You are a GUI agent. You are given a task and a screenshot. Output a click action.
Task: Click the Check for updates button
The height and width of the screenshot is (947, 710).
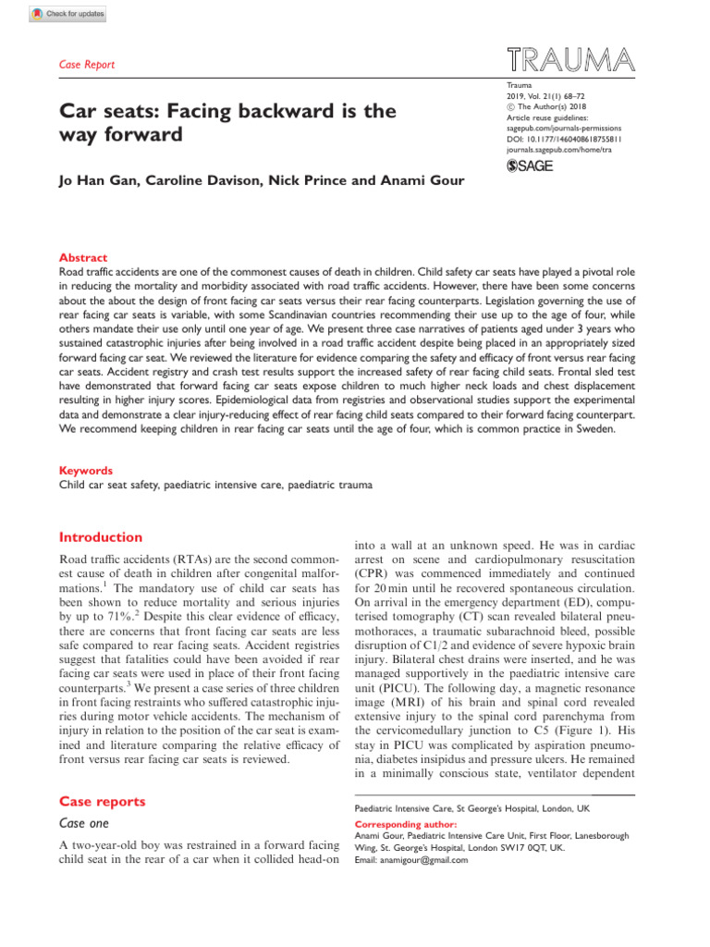click(68, 13)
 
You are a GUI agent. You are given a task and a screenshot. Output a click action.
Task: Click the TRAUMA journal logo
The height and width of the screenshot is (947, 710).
click(571, 60)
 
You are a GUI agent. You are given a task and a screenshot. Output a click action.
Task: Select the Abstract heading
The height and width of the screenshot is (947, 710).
click(82, 258)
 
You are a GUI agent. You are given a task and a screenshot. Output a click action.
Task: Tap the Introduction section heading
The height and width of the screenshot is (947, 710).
click(101, 537)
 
